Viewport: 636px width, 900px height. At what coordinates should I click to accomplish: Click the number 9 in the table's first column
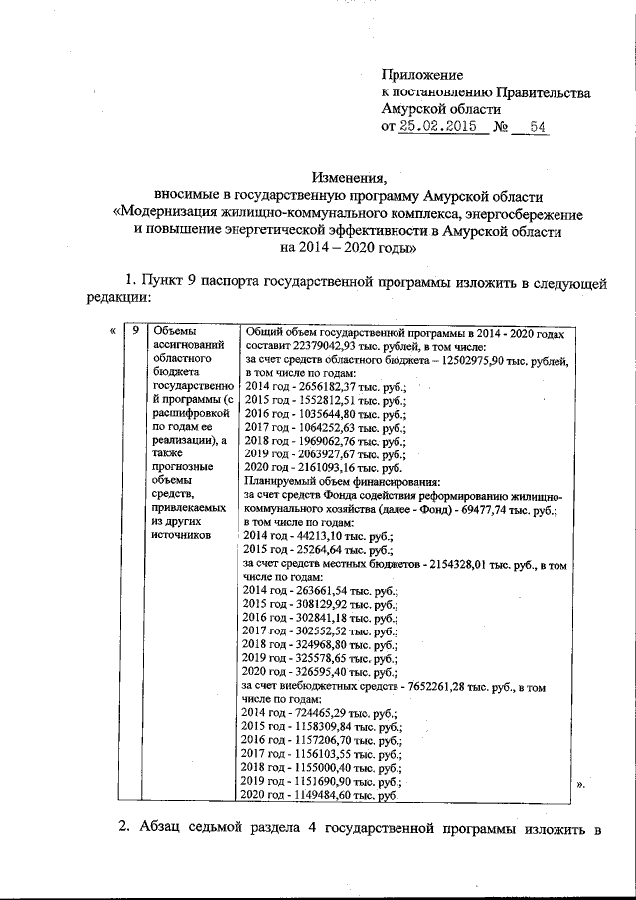(135, 332)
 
